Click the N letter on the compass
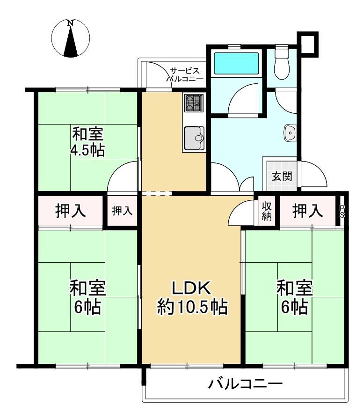click(71, 23)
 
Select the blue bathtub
click(236, 63)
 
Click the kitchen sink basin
click(194, 138)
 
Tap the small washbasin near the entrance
click(290, 133)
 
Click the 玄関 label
click(282, 176)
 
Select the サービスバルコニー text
click(185, 75)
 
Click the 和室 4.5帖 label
click(87, 142)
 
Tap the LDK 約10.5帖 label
click(192, 297)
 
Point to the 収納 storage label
click(267, 211)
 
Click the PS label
click(342, 212)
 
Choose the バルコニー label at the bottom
click(246, 384)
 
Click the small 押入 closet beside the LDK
click(122, 211)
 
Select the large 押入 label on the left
click(71, 211)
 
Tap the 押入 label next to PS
click(308, 211)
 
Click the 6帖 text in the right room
click(294, 307)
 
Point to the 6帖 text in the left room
click(87, 307)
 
